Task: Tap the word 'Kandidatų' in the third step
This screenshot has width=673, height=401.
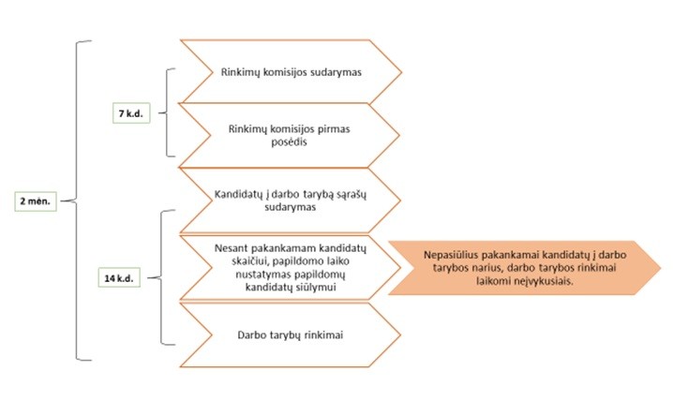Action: click(x=238, y=193)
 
